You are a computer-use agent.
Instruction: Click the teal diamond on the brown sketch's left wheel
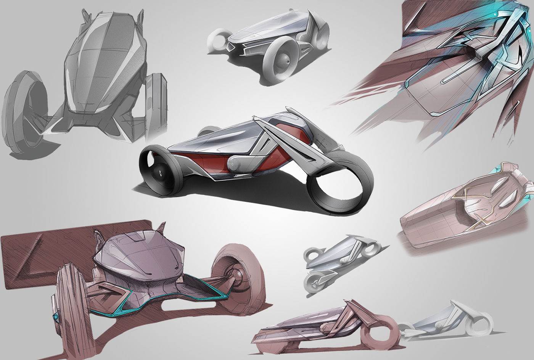56,316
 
